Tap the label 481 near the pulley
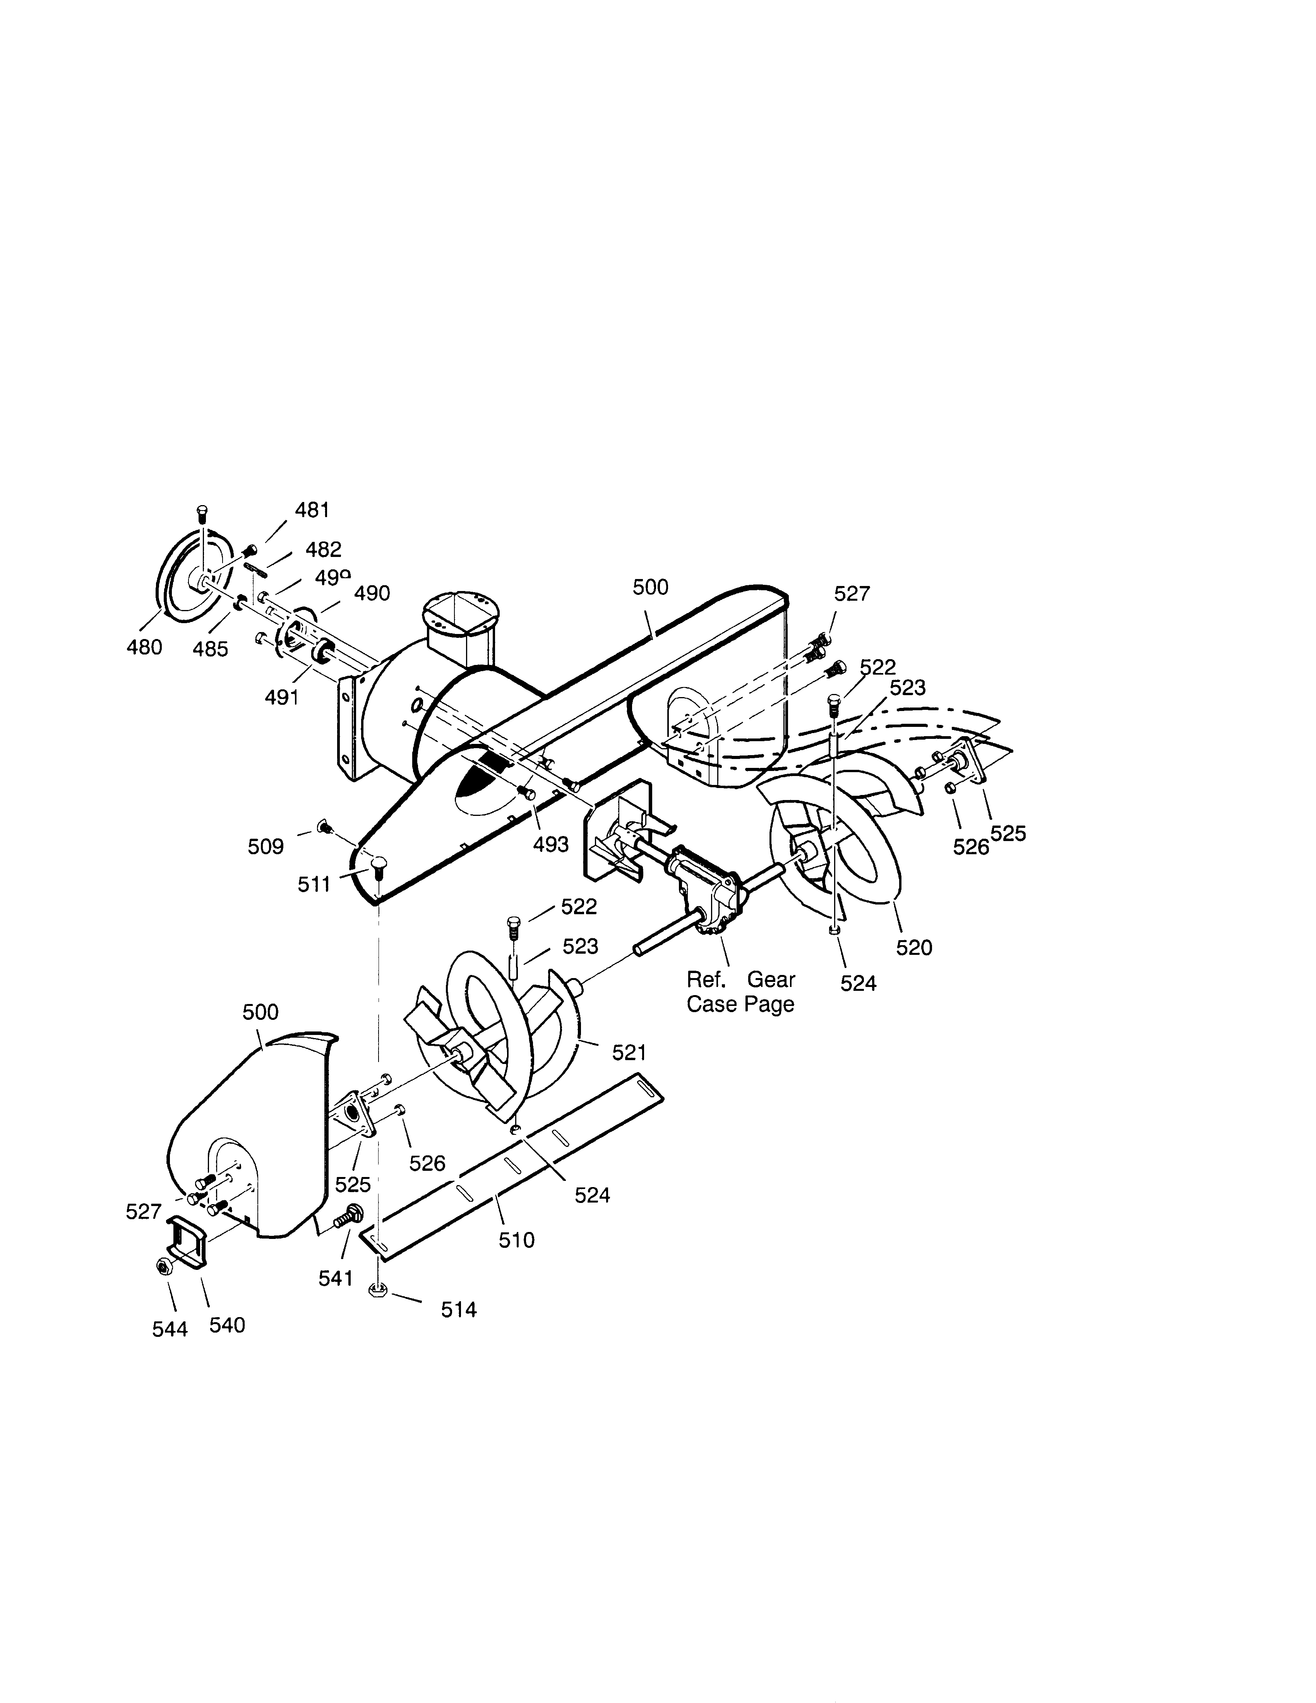[312, 510]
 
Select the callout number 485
[211, 649]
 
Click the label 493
[550, 844]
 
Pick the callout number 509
[266, 847]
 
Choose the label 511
[314, 884]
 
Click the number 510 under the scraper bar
[516, 1240]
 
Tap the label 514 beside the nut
[458, 1309]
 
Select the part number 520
[914, 947]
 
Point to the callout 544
[170, 1329]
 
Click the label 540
[227, 1325]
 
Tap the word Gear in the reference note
[771, 979]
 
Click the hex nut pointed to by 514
[377, 1291]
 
